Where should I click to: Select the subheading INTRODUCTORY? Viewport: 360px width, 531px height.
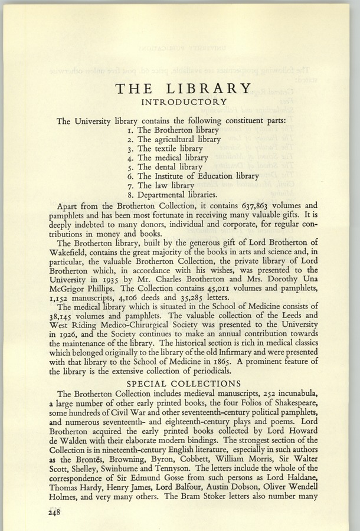pos(184,103)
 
